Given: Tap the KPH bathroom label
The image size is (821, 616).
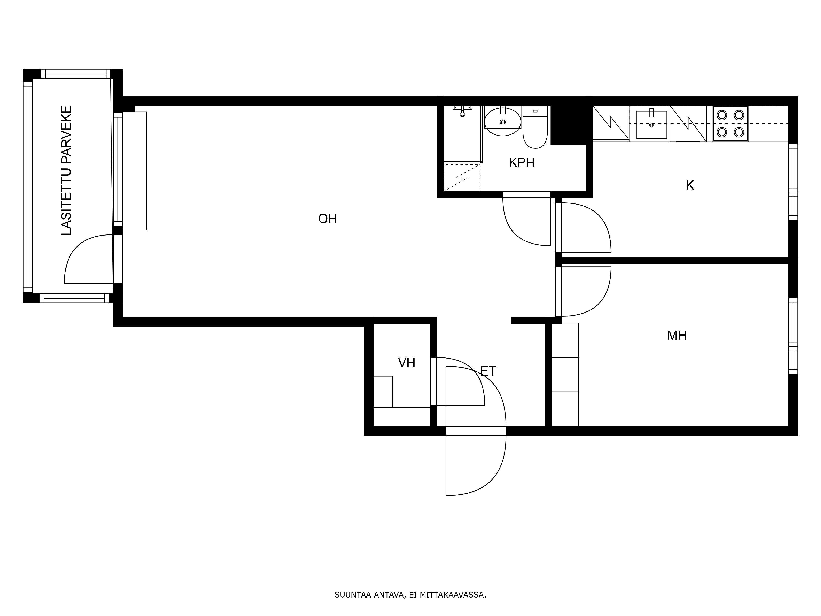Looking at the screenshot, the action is point(522,163).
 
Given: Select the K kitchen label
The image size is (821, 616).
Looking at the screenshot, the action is point(690,185).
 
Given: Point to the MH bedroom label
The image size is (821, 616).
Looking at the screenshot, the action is point(677,336).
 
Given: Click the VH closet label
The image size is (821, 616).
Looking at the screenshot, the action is point(406,363).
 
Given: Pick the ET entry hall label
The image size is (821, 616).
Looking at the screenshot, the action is point(488,371).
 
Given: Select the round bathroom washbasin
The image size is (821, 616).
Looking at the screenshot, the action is point(502,121).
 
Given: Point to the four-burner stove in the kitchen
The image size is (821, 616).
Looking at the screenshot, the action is point(730,124).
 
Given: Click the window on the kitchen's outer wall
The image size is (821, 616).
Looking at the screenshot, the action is point(793,182).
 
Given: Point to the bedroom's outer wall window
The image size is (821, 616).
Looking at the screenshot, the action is point(793,336).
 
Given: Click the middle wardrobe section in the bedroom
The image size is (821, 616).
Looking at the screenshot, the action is point(565,375).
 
